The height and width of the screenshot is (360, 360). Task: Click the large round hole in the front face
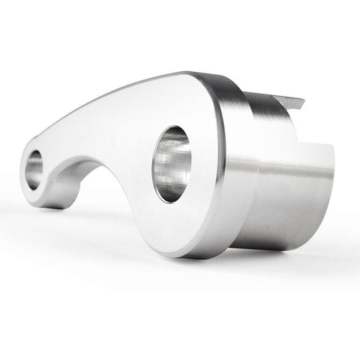click(x=172, y=163)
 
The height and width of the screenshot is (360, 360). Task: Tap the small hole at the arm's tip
click(x=34, y=169)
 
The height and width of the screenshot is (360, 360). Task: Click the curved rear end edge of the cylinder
click(x=327, y=195)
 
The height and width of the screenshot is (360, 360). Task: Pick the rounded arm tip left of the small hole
click(x=23, y=176)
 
